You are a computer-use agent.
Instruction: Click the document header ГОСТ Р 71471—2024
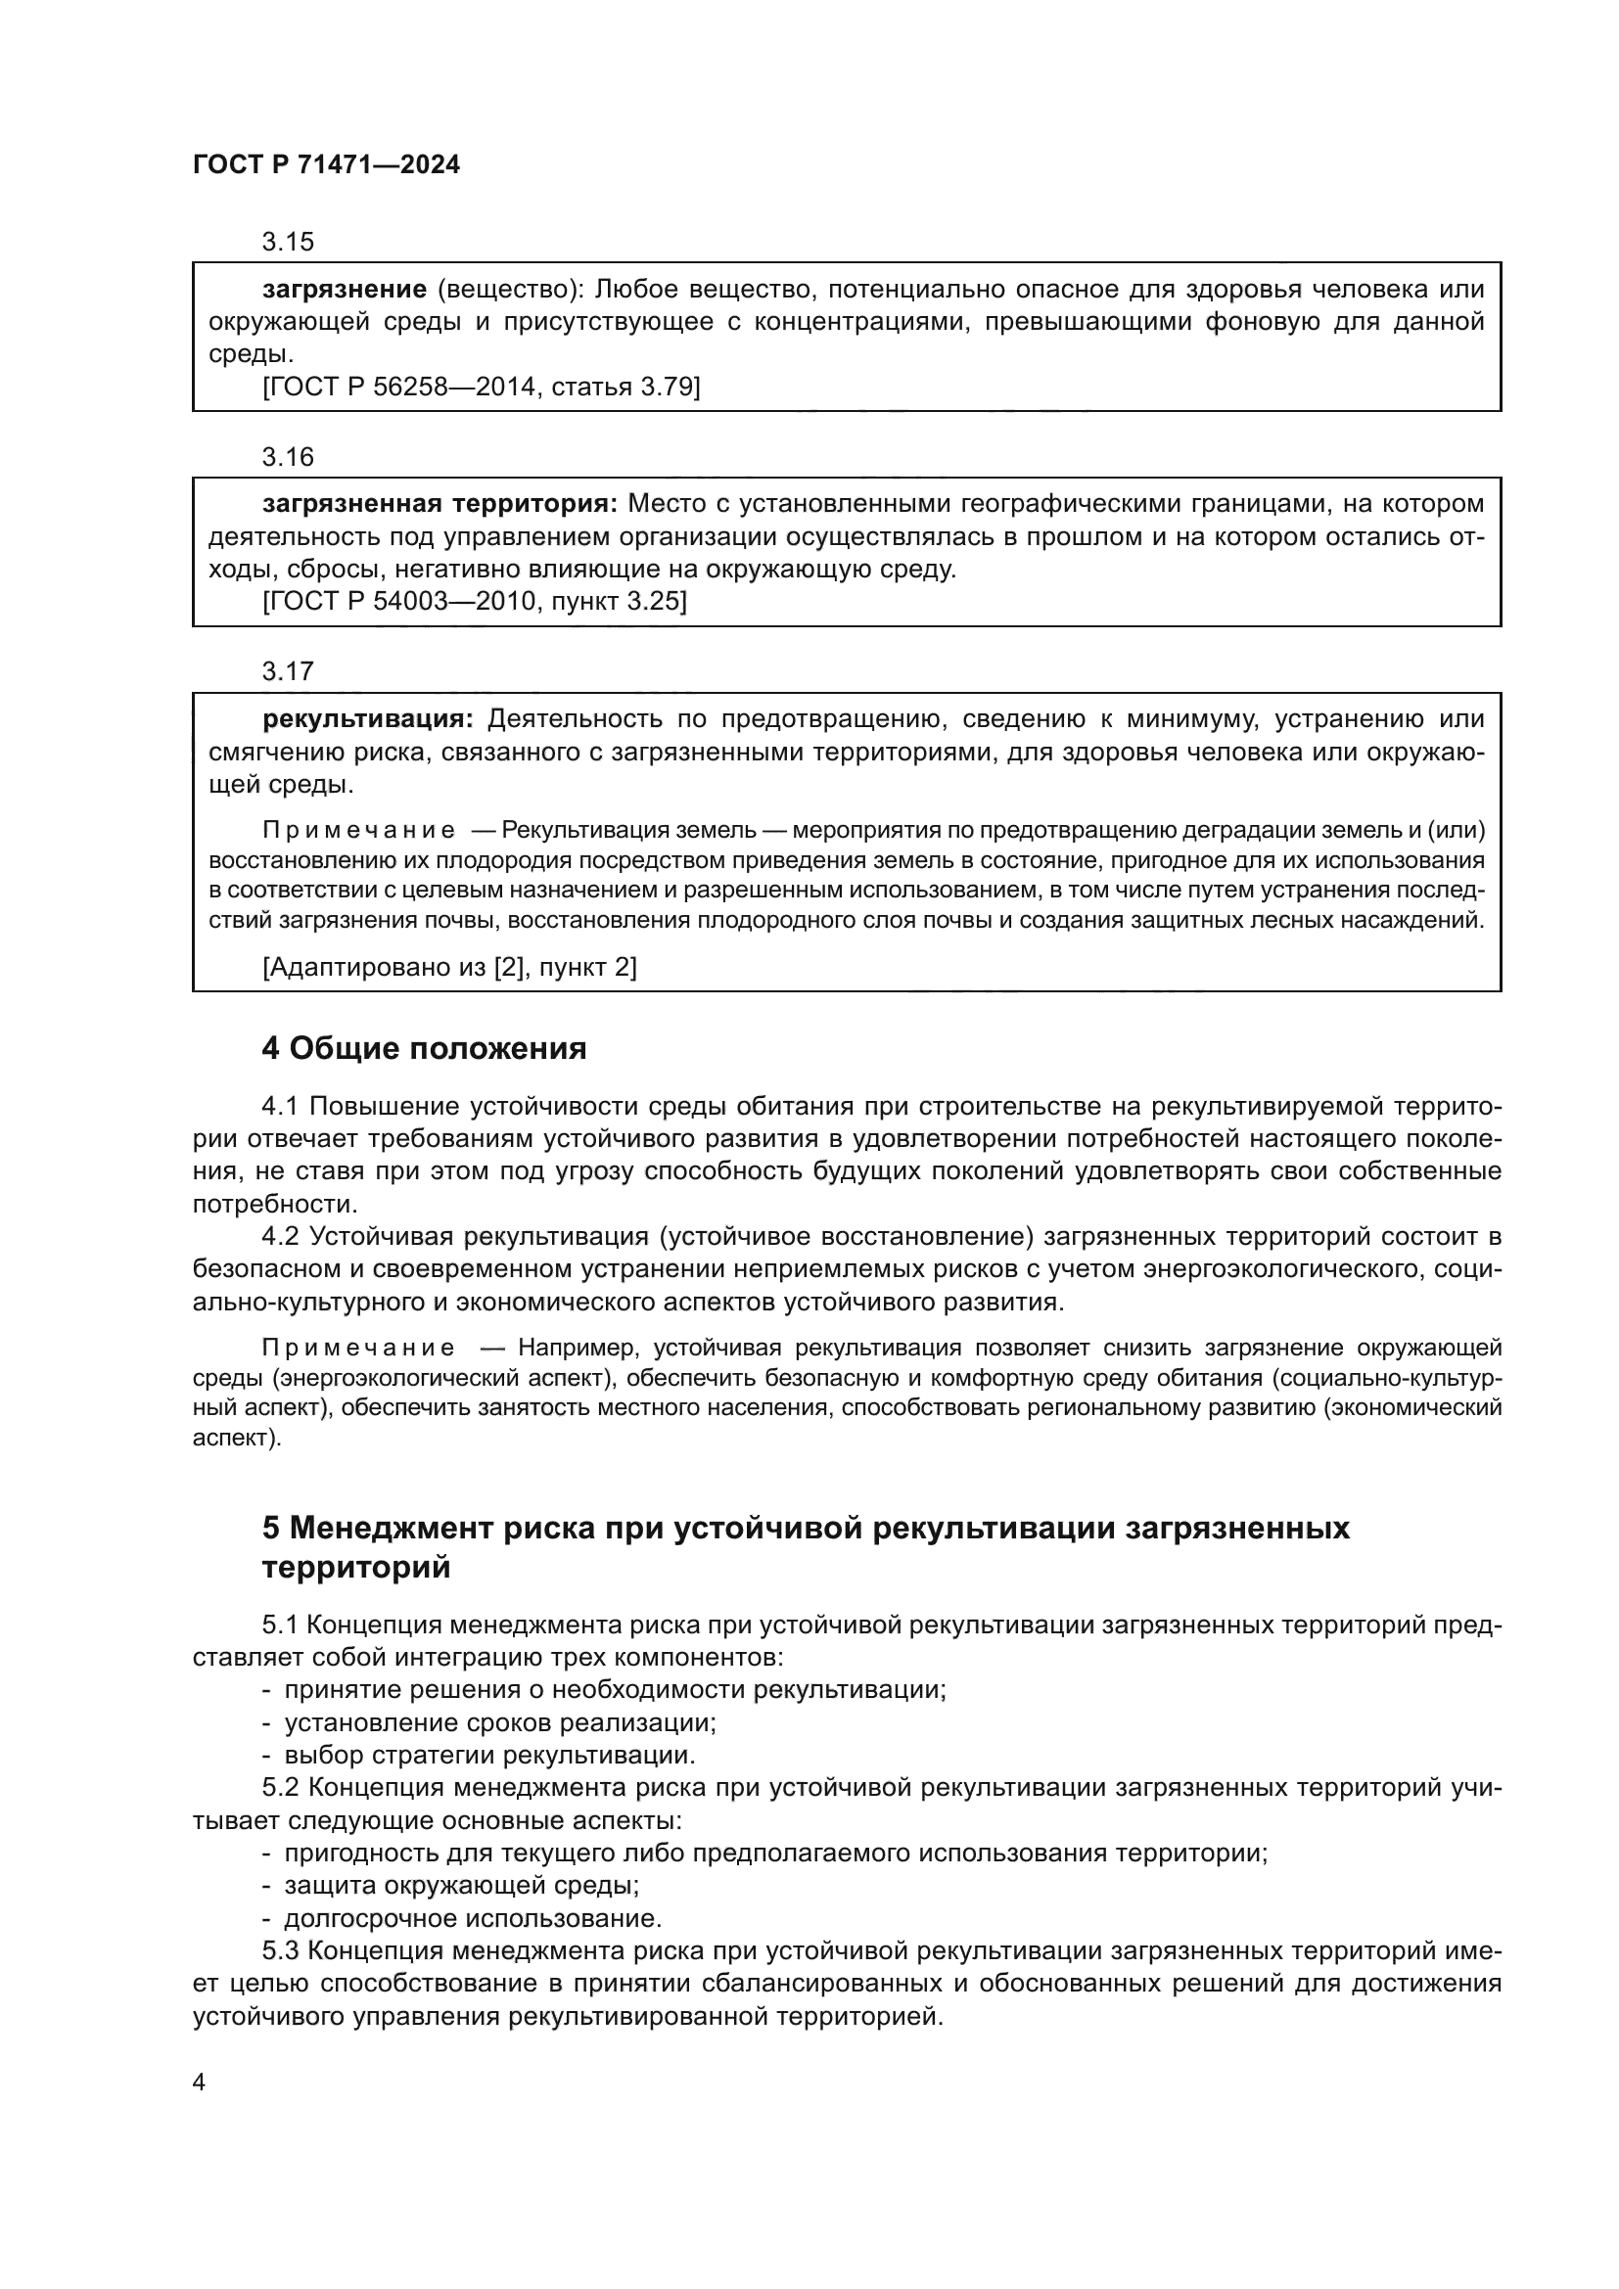[326, 165]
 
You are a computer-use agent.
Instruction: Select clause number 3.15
[287, 243]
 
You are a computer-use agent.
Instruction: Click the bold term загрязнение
[345, 289]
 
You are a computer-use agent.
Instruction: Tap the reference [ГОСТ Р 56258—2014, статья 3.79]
[482, 387]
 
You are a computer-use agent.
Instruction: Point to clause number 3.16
[287, 458]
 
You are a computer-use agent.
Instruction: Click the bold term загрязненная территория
[439, 503]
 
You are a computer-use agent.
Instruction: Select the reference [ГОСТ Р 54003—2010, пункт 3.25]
[475, 602]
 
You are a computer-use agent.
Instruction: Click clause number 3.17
[287, 672]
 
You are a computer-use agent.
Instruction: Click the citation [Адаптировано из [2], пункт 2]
[449, 967]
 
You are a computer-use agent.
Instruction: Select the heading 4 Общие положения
[424, 1049]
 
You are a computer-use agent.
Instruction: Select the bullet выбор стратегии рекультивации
[489, 1756]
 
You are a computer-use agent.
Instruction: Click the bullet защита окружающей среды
[462, 1886]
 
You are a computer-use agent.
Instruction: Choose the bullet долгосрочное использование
[473, 1919]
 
